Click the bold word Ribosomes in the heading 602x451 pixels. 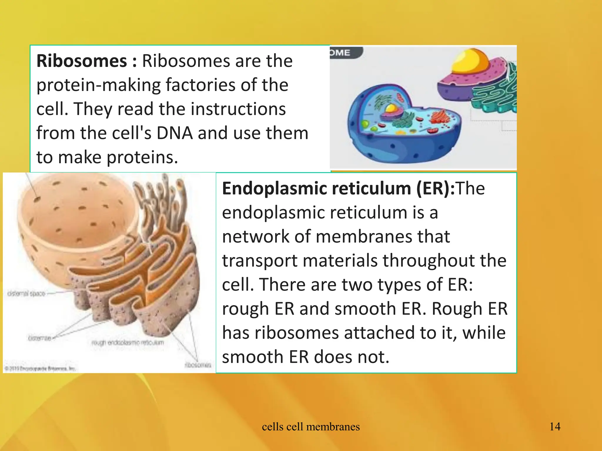[x=82, y=61]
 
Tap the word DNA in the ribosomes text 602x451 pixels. [x=175, y=133]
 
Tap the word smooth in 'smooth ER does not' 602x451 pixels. [x=253, y=357]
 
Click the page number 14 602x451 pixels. [x=555, y=427]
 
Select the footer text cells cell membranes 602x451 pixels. [x=311, y=427]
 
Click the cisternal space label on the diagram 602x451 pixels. [x=26, y=293]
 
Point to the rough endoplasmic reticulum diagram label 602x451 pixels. [x=127, y=343]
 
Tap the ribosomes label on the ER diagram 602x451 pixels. [x=198, y=365]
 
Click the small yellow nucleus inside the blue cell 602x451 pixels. [x=392, y=108]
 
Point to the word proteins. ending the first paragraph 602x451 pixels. [x=142, y=157]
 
